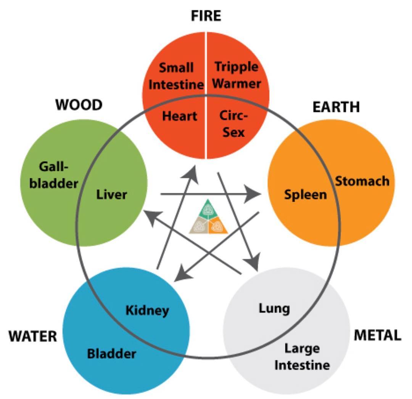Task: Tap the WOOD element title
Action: click(x=79, y=105)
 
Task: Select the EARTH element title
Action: click(x=336, y=107)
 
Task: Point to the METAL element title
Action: click(x=378, y=335)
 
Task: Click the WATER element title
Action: click(x=33, y=336)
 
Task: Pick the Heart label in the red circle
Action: click(x=180, y=116)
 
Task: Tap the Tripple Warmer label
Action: click(x=237, y=75)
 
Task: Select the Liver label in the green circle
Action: click(x=112, y=194)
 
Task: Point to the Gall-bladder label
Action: click(x=54, y=175)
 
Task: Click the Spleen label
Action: click(x=306, y=195)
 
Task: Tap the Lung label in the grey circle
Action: click(x=274, y=309)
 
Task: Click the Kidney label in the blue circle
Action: click(x=147, y=311)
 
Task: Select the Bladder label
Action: click(x=112, y=354)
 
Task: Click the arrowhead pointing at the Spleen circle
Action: click(x=252, y=194)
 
